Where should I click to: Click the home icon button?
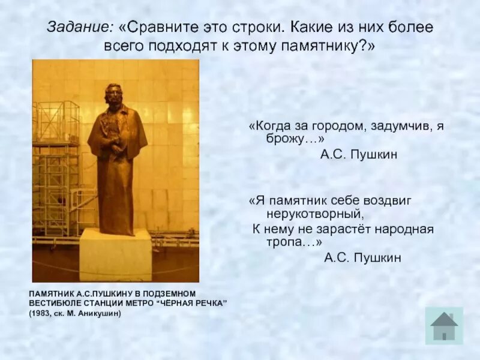(444, 326)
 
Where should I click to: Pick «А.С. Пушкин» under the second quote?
(362, 257)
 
